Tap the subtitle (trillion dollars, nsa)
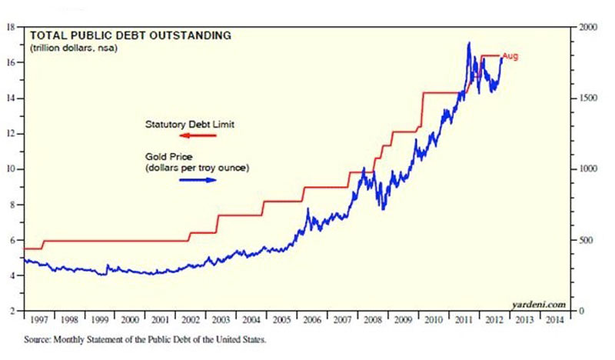point(68,48)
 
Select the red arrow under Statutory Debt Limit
point(198,135)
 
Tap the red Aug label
point(510,56)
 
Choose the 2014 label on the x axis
point(556,319)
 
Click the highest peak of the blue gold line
point(469,43)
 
